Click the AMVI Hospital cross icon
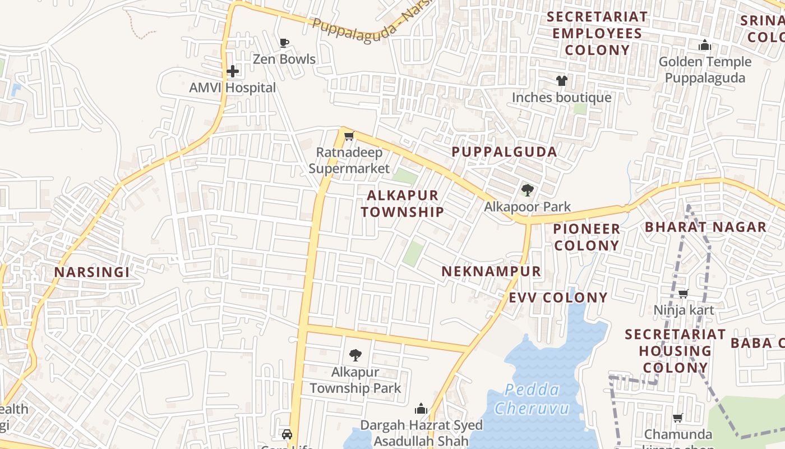pyautogui.click(x=233, y=71)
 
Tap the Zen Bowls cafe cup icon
pyautogui.click(x=284, y=43)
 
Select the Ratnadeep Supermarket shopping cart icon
pyautogui.click(x=349, y=136)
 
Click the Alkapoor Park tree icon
pyautogui.click(x=527, y=190)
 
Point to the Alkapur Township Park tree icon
pyautogui.click(x=355, y=355)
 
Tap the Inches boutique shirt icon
pyautogui.click(x=561, y=81)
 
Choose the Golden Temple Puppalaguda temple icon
pyautogui.click(x=704, y=45)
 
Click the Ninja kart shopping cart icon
pyautogui.click(x=683, y=294)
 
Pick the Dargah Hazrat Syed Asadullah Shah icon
pyautogui.click(x=421, y=409)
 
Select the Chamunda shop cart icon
pyautogui.click(x=677, y=418)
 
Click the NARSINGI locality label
pyautogui.click(x=92, y=272)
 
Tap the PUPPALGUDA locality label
pyautogui.click(x=504, y=152)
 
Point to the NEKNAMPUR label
pyautogui.click(x=491, y=272)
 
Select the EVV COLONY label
pyautogui.click(x=558, y=297)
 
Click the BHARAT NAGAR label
pyautogui.click(x=705, y=227)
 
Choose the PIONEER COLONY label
pyautogui.click(x=587, y=237)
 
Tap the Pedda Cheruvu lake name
pyautogui.click(x=532, y=398)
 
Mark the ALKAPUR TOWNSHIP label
pyautogui.click(x=402, y=203)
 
